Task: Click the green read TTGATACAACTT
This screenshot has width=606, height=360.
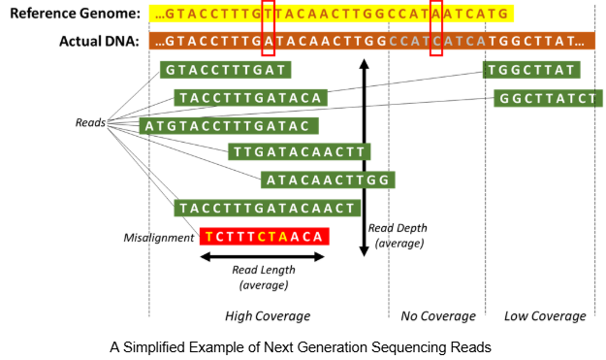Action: click(299, 151)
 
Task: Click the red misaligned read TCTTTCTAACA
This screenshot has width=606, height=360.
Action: click(264, 236)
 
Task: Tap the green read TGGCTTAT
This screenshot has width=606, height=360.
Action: click(531, 70)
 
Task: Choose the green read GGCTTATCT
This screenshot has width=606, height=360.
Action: click(548, 98)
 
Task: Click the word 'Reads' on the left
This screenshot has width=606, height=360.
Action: click(90, 123)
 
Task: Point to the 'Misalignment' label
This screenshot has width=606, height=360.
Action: click(158, 237)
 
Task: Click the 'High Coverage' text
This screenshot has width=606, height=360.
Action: click(267, 316)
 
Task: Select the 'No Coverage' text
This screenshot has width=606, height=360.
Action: click(438, 316)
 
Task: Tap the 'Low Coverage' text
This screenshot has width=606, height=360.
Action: click(546, 316)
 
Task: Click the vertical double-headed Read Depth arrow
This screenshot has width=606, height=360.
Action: click(364, 155)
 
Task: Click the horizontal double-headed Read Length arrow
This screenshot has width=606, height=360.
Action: click(264, 256)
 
